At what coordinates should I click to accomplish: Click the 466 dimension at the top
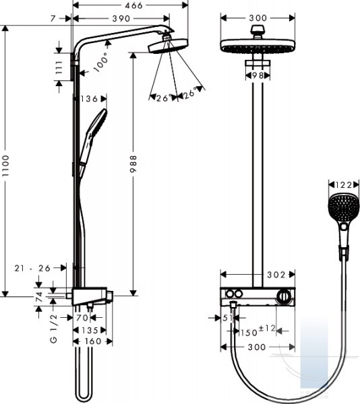[133, 5]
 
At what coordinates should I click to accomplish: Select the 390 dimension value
[121, 19]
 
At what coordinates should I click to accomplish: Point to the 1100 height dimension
[5, 166]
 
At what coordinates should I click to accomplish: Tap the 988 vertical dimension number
[133, 164]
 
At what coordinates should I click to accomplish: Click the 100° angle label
[100, 62]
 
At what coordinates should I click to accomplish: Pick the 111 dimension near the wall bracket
[59, 67]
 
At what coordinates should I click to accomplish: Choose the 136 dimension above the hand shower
[89, 99]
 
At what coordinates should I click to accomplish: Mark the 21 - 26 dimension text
[32, 268]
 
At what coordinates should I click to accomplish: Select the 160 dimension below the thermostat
[93, 341]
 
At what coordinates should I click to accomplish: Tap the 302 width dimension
[276, 275]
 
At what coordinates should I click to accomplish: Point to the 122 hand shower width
[344, 184]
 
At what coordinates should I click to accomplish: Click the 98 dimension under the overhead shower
[258, 75]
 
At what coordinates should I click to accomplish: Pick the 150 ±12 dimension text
[258, 331]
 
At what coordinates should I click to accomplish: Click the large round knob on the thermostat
[283, 296]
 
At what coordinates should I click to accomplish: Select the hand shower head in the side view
[97, 123]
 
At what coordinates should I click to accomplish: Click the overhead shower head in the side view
[168, 46]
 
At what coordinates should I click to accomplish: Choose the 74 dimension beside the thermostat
[39, 297]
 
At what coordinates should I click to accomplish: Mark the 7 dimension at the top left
[53, 19]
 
